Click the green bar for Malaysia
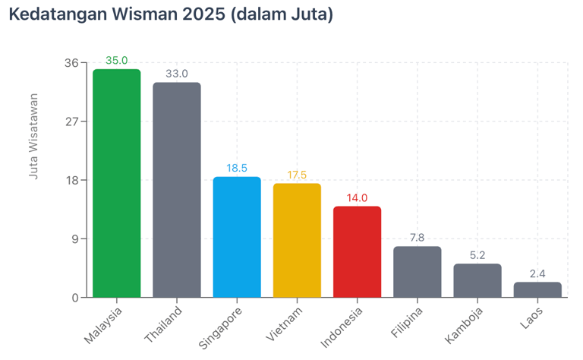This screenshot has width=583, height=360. click(116, 183)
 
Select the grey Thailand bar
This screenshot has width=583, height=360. click(176, 190)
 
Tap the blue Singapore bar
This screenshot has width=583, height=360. click(237, 237)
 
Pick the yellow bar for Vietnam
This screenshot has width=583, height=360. click(297, 240)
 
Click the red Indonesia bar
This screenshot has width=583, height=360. click(357, 251)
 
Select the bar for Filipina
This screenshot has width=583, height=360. click(417, 272)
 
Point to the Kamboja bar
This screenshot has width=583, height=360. click(477, 280)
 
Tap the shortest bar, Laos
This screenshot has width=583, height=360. click(537, 289)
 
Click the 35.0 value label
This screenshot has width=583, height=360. click(116, 61)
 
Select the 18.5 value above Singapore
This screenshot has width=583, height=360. click(237, 168)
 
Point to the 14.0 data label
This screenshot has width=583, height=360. click(357, 197)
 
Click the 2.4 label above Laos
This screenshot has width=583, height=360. click(537, 273)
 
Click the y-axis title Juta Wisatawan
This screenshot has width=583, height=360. click(33, 137)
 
